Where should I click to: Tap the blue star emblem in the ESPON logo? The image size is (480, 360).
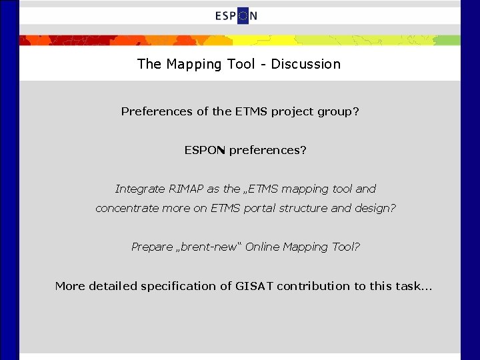243,16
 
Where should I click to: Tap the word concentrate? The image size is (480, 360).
127,208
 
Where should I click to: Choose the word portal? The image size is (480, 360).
263,208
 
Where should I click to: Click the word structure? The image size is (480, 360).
306,208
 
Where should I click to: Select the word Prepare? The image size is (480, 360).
151,247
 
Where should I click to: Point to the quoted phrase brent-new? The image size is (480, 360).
207,247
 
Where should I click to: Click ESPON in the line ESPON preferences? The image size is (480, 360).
205,150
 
